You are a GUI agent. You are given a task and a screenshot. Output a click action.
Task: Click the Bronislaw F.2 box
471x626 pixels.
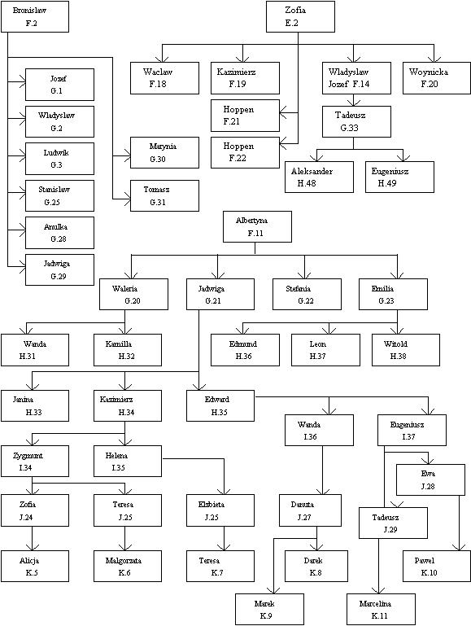tap(35, 16)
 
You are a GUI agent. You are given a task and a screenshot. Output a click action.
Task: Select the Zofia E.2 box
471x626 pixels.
tap(300, 16)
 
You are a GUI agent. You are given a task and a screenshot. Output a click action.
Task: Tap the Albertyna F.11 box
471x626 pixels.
tap(257, 227)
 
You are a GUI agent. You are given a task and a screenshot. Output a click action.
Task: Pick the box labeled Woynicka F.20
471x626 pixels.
tap(437, 78)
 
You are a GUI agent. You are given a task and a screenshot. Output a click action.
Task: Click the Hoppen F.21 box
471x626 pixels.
tap(245, 116)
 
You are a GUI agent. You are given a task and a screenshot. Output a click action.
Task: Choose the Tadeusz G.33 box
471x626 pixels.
tap(356, 121)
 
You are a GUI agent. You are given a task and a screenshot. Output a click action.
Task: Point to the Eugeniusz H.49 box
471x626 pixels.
tap(399, 177)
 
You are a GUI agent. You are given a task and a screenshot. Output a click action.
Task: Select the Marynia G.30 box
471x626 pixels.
tap(164, 152)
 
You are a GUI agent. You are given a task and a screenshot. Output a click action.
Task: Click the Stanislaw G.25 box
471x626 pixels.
tap(59, 195)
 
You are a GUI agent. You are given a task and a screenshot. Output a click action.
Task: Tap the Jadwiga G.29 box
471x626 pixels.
tap(59, 269)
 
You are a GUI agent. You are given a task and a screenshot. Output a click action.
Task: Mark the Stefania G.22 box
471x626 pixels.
tap(307, 294)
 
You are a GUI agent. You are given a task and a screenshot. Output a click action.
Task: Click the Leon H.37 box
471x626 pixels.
tap(325, 350)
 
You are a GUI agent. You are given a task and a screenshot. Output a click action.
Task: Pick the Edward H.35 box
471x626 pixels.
tap(220, 405)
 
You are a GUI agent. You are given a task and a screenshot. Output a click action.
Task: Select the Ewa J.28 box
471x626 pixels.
tap(430, 480)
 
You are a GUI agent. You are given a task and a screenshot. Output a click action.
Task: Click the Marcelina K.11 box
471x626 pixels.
tap(381, 609)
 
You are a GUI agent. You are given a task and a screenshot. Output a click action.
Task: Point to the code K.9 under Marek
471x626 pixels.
tap(266, 615)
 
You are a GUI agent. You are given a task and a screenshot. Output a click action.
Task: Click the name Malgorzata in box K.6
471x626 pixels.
tap(124, 561)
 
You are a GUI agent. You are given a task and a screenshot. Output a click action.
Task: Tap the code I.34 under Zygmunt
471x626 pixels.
tap(25, 467)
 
